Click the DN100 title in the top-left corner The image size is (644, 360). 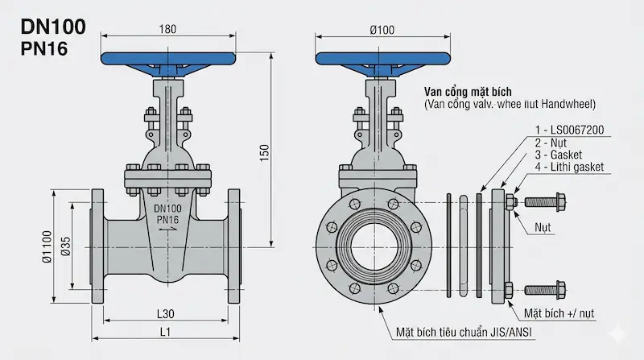coord(53,27)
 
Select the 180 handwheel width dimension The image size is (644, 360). coord(167,29)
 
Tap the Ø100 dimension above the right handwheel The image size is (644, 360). coord(382,30)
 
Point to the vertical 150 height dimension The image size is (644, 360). coord(265,152)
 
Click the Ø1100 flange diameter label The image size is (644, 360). coord(47,246)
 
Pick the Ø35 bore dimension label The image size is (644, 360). coord(66,246)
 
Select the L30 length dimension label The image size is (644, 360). coord(166,314)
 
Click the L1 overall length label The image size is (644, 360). coord(165,332)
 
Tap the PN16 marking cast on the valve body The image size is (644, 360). coord(167,220)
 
